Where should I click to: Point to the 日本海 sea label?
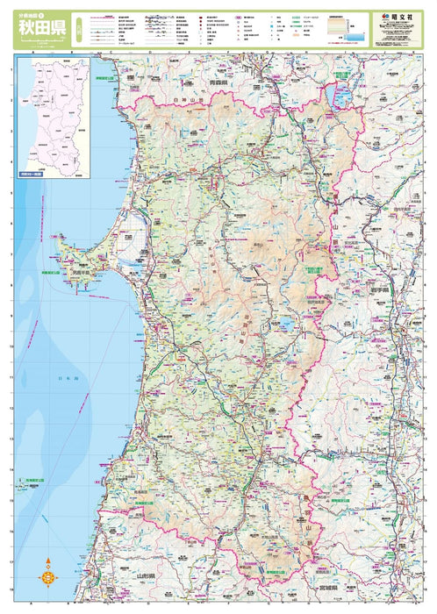(x=68, y=377)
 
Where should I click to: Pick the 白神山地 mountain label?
(x=187, y=102)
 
